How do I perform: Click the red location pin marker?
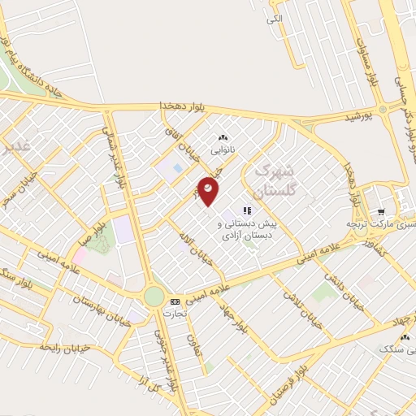click(x=209, y=189)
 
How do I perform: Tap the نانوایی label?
click(x=222, y=151)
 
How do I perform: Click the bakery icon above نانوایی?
click(x=223, y=138)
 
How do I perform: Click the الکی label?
click(x=275, y=17)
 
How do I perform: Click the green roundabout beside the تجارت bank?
click(x=154, y=297)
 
